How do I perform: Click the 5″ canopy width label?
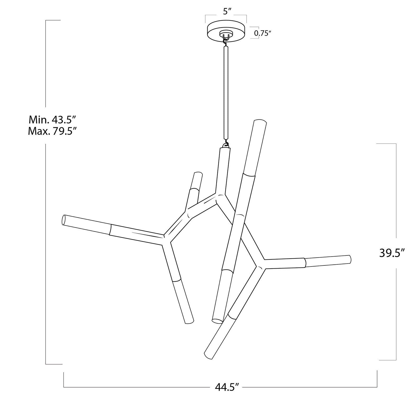click(227, 11)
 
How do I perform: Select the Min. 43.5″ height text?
click(52, 120)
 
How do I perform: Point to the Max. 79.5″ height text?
click(52, 131)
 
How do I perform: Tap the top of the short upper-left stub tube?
click(198, 174)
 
